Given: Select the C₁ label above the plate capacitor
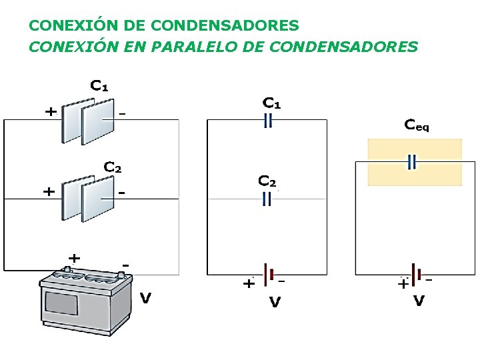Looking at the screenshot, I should (x=99, y=86).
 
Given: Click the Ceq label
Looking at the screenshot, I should (x=417, y=125).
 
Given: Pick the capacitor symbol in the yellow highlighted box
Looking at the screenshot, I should (x=412, y=162).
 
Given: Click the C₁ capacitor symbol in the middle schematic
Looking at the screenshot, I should (x=267, y=120).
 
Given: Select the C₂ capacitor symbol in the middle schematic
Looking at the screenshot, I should (x=267, y=199).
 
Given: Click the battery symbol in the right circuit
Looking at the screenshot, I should (x=415, y=274).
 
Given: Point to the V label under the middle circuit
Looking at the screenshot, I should (x=274, y=302).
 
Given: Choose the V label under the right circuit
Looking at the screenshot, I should (x=419, y=301).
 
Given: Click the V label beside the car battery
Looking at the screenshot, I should (x=145, y=298).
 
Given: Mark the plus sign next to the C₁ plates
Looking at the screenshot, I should (x=50, y=112).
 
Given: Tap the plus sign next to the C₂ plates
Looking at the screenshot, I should (x=49, y=191).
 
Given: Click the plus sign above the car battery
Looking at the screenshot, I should (x=75, y=257).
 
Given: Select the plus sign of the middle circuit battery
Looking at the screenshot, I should (x=248, y=284).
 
